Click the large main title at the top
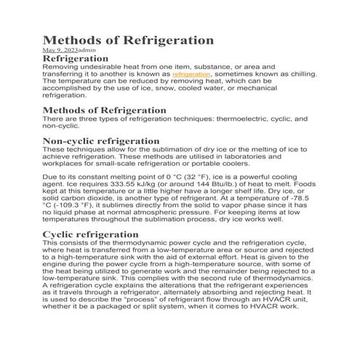(x=128, y=40)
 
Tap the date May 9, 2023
(x=59, y=50)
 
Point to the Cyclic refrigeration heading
(x=91, y=234)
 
